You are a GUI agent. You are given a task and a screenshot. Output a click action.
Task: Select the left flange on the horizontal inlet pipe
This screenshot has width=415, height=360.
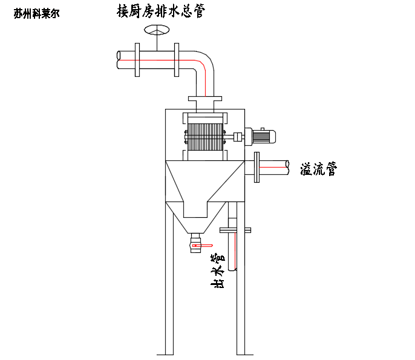click(x=137, y=59)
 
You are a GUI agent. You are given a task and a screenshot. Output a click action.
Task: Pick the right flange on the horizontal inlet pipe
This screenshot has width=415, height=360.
click(x=176, y=59)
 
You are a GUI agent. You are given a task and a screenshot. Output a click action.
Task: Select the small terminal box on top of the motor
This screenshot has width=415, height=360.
click(x=263, y=129)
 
